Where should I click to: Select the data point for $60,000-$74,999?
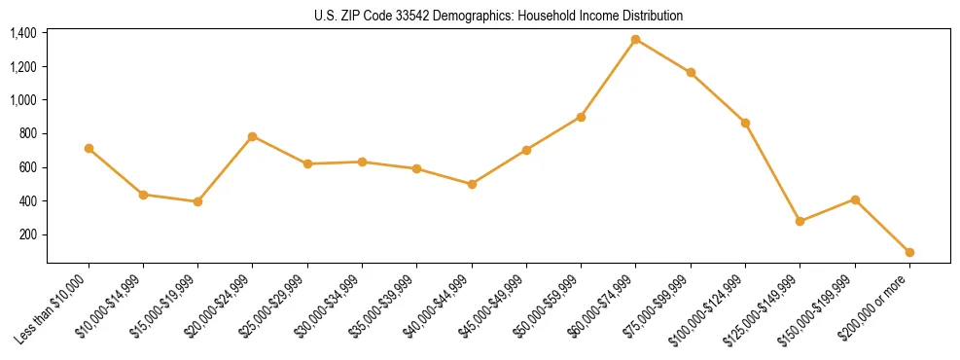(x=636, y=40)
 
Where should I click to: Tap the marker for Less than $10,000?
(x=89, y=149)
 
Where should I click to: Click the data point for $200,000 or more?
(x=909, y=252)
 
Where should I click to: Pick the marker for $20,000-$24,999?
(x=253, y=136)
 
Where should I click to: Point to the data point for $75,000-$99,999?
(x=691, y=73)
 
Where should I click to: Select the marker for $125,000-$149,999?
(x=800, y=222)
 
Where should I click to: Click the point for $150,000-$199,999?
(x=855, y=199)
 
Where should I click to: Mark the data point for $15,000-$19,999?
(x=198, y=201)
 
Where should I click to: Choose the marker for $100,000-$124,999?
(x=745, y=123)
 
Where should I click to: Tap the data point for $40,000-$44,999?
(x=472, y=184)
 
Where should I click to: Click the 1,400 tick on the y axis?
(x=23, y=33)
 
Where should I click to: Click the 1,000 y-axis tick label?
(x=23, y=100)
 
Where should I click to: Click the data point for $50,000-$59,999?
(x=581, y=117)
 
